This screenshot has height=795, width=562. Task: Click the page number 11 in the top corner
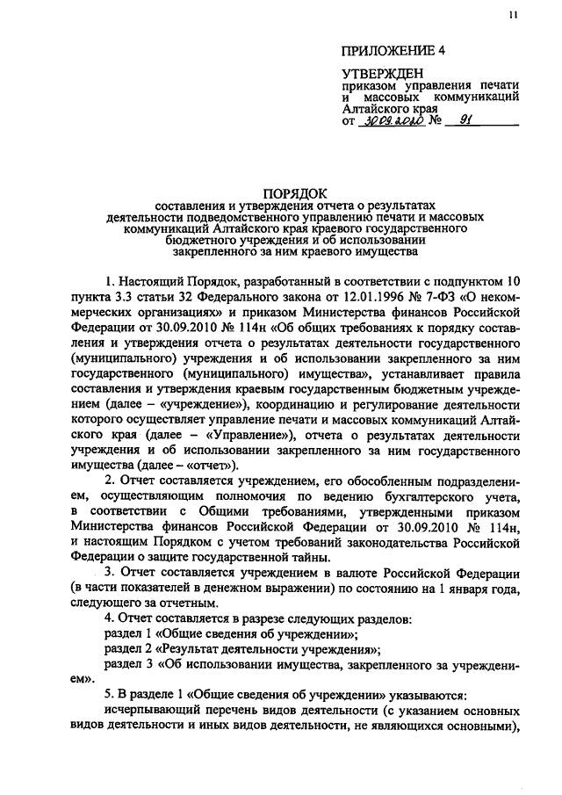tap(512, 16)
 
